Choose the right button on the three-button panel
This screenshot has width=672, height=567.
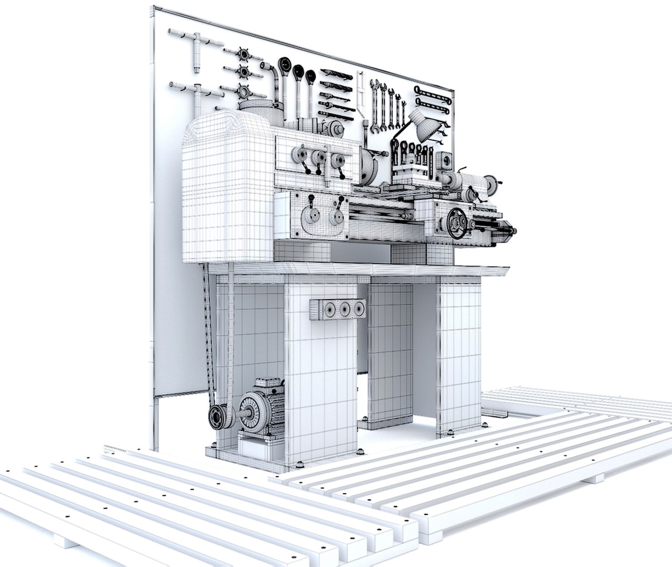point(359,309)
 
